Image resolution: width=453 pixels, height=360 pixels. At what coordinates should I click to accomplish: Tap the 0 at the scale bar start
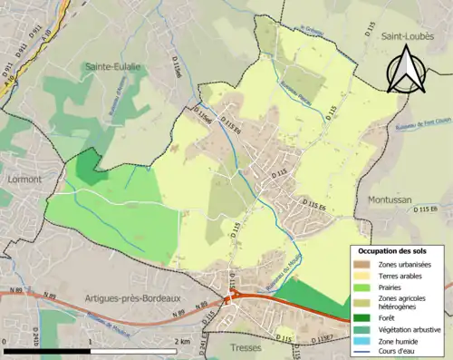(x=5, y=341)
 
